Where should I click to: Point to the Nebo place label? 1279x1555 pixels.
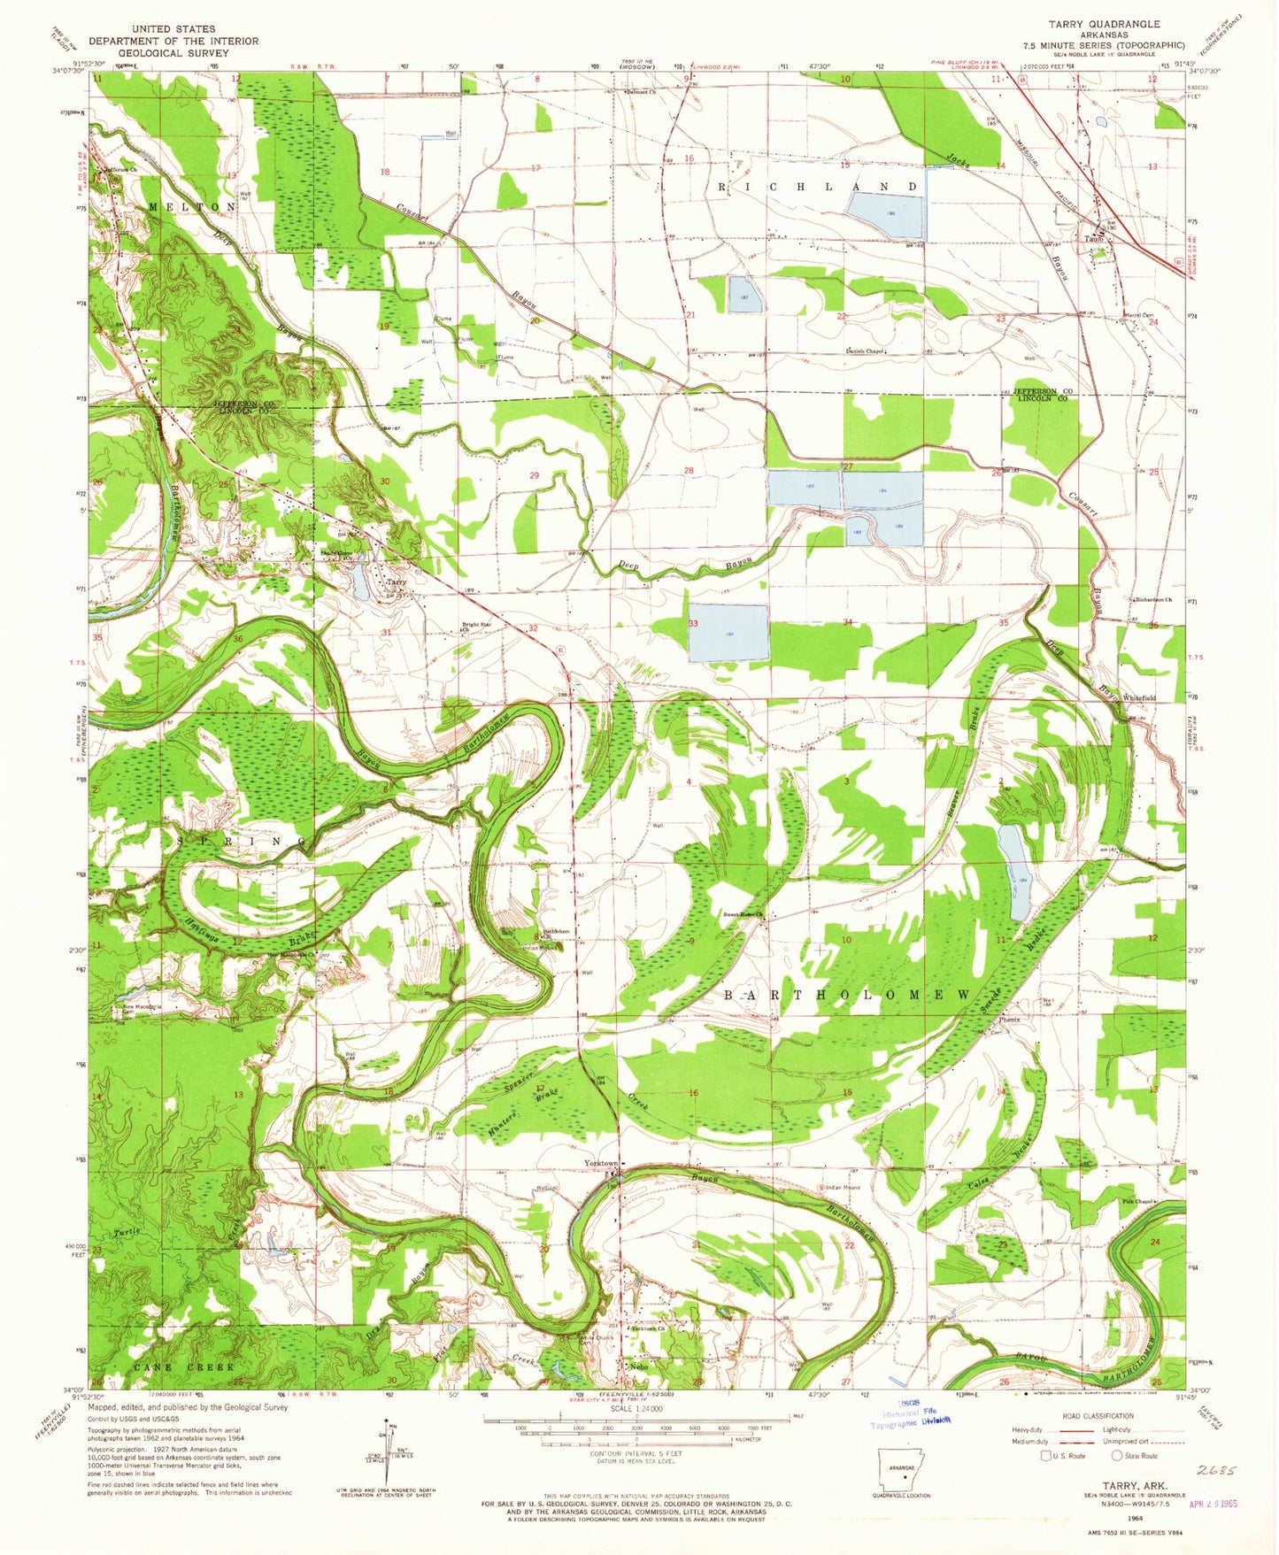coord(639,1366)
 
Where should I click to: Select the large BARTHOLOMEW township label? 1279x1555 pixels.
coord(848,995)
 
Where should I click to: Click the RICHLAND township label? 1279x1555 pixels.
coord(817,188)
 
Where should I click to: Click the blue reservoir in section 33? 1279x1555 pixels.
coord(728,633)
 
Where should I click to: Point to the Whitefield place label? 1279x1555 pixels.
coord(1139,698)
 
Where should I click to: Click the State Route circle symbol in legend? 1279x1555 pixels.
coord(1118,1455)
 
